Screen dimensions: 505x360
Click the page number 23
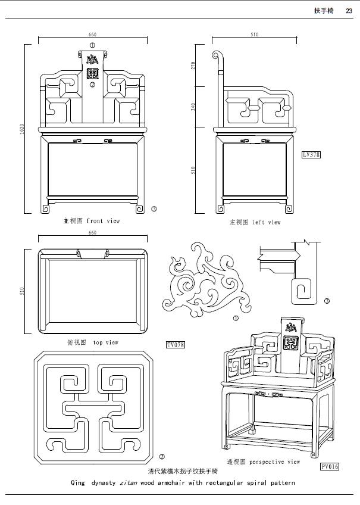349,10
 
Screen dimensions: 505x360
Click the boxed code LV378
311,155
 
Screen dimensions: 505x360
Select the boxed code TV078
175,345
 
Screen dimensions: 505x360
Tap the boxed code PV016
329,466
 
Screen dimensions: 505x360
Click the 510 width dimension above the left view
254,35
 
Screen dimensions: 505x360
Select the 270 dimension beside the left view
193,66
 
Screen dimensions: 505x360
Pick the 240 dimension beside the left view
193,107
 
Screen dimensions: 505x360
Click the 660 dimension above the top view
92,233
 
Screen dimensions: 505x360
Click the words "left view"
266,222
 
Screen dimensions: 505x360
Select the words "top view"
106,342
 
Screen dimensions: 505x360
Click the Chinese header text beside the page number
324,10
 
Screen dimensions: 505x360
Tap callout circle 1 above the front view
92,45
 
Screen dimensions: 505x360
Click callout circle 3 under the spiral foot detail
327,301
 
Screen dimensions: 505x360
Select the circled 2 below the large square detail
162,456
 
